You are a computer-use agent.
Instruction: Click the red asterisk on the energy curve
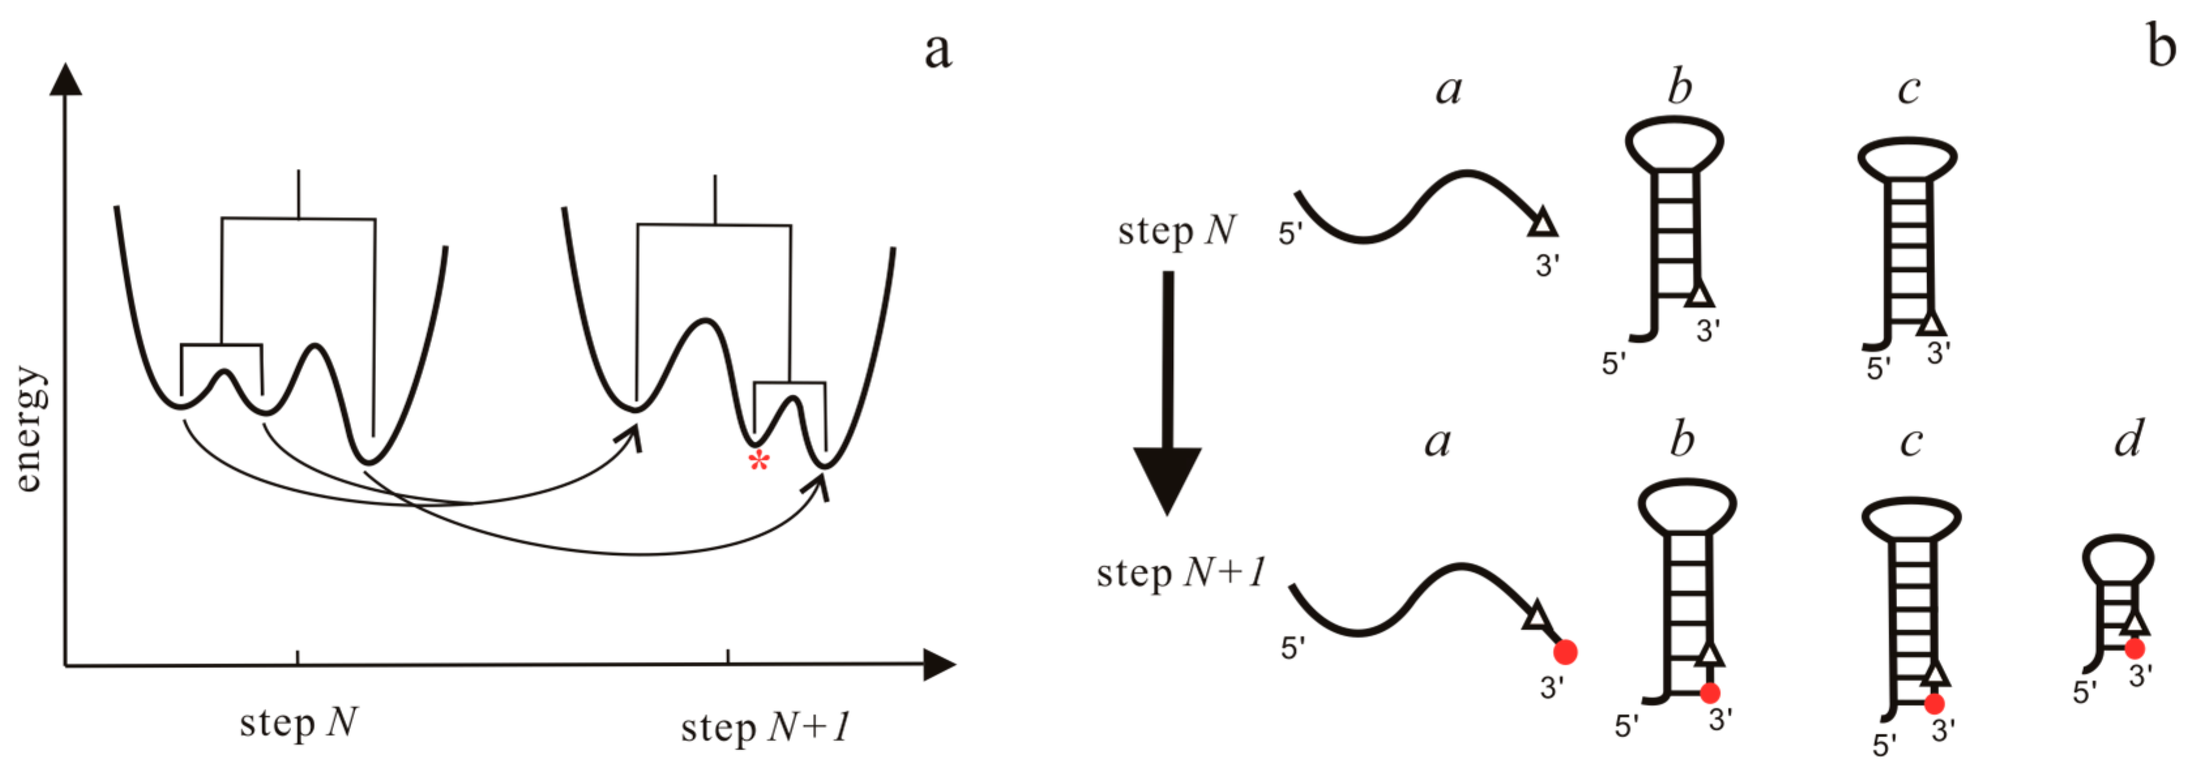pyautogui.click(x=758, y=462)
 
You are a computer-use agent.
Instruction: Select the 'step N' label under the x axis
pyautogui.click(x=298, y=723)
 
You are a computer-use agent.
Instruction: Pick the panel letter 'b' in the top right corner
pyautogui.click(x=2161, y=46)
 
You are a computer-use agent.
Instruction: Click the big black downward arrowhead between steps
pyautogui.click(x=1167, y=479)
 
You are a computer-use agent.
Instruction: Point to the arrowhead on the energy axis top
pyautogui.click(x=65, y=80)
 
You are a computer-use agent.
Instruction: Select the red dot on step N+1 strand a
pyautogui.click(x=1565, y=652)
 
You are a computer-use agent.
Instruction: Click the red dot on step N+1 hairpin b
pyautogui.click(x=1710, y=693)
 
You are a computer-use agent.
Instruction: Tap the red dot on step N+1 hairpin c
pyautogui.click(x=1934, y=704)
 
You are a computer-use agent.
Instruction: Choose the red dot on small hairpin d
pyautogui.click(x=2135, y=649)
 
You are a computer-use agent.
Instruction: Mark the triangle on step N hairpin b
pyautogui.click(x=1701, y=295)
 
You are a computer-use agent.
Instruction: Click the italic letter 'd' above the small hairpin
pyautogui.click(x=2129, y=439)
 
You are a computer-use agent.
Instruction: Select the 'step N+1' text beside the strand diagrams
pyautogui.click(x=1180, y=573)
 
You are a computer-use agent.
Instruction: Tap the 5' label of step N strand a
pyautogui.click(x=1291, y=233)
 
